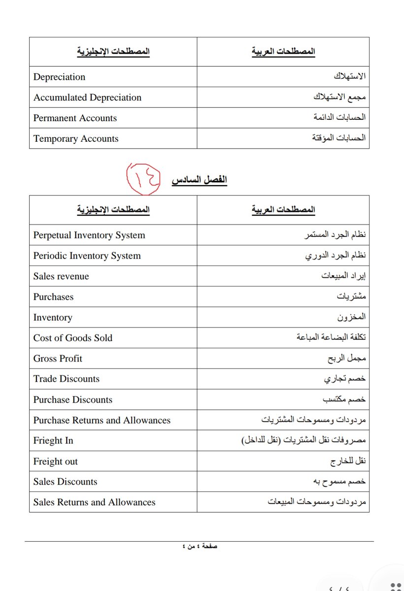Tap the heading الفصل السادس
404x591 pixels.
click(x=199, y=180)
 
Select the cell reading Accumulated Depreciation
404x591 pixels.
click(x=87, y=98)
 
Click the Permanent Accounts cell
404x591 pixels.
click(x=75, y=118)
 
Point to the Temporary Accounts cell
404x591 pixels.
click(x=76, y=139)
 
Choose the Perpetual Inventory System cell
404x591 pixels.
click(x=89, y=235)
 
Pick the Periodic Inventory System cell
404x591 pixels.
click(x=87, y=256)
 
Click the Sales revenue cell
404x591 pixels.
click(x=61, y=276)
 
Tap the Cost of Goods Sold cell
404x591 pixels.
click(x=73, y=338)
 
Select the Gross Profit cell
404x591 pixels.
click(x=58, y=359)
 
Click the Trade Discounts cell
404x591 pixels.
click(x=67, y=379)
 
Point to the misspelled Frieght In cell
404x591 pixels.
click(x=53, y=441)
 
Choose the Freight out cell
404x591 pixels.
click(x=56, y=461)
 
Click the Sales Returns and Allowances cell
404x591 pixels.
click(x=94, y=502)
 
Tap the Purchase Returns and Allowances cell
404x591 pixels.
click(x=102, y=420)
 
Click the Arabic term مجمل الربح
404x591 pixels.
click(x=346, y=359)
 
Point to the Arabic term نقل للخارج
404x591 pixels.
click(x=348, y=461)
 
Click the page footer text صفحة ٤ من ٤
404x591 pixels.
click(x=200, y=547)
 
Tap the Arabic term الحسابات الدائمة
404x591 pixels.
click(x=339, y=118)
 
